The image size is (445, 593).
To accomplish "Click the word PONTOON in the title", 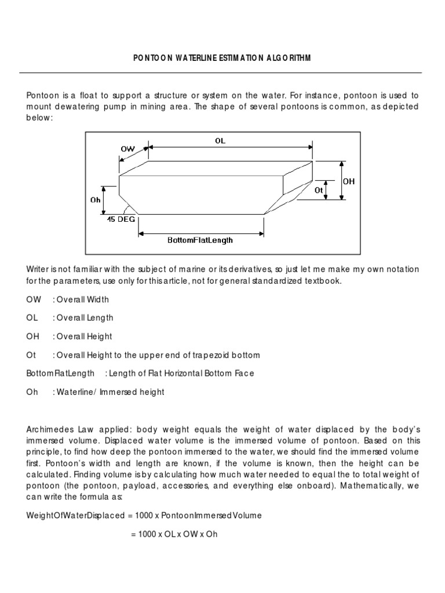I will [x=154, y=57].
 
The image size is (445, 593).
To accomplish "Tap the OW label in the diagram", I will [x=127, y=149].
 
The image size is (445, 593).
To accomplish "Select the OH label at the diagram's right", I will [x=348, y=181].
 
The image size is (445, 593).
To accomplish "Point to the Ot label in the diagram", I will [x=318, y=189].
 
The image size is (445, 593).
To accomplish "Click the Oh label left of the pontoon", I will [x=95, y=200].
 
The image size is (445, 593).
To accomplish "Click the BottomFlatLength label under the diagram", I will [x=200, y=240].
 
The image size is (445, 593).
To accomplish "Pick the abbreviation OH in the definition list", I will [x=32, y=336].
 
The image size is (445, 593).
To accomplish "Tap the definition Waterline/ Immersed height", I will [x=110, y=392].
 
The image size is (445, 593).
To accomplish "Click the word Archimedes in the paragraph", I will [x=49, y=429].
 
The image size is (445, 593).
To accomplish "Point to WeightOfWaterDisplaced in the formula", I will [x=70, y=515].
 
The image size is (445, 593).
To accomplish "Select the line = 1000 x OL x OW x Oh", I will [x=174, y=534].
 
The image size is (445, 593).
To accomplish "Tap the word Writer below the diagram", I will [x=38, y=269].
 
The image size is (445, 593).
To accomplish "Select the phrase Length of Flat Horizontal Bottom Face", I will [x=179, y=374].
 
